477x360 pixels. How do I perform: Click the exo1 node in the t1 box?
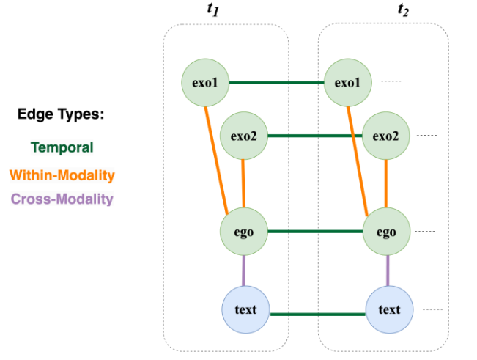point(206,82)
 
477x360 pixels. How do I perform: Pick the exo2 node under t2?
point(386,136)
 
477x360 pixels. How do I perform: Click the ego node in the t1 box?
point(243,232)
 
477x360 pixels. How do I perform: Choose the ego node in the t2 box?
point(386,232)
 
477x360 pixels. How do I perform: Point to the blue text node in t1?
point(245,309)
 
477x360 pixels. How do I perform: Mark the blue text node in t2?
point(389,309)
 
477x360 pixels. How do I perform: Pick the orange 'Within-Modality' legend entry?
point(62,175)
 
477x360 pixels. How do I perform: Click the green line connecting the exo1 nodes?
point(277,83)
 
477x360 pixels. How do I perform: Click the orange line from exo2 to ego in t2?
point(386,183)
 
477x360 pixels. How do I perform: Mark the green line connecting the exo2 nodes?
point(315,136)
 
